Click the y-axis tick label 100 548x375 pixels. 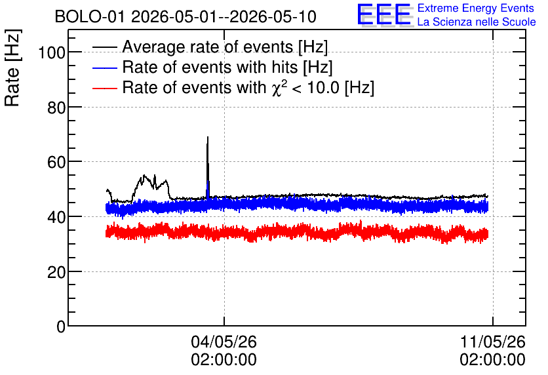(x=52, y=52)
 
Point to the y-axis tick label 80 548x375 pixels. (x=56, y=108)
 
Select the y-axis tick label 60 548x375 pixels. (x=56, y=162)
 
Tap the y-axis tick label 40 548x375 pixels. (x=56, y=217)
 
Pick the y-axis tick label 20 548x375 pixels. (x=56, y=272)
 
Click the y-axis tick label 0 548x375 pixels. (x=61, y=326)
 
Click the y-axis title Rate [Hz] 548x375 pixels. (x=12, y=68)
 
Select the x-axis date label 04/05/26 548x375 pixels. (x=224, y=342)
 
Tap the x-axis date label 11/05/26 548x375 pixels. (x=492, y=342)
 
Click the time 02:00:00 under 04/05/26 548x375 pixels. (x=224, y=360)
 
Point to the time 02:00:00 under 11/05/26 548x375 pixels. (x=492, y=360)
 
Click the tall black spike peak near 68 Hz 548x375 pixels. (x=208, y=137)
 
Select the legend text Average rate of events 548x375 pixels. (x=208, y=47)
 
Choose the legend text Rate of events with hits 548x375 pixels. (x=210, y=67)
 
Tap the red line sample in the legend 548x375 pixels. (x=104, y=89)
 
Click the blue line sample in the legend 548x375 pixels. (x=104, y=68)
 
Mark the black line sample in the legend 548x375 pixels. (x=104, y=47)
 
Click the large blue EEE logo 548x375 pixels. (x=384, y=14)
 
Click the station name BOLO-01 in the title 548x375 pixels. (x=90, y=17)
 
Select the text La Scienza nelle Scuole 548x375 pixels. (x=477, y=22)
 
